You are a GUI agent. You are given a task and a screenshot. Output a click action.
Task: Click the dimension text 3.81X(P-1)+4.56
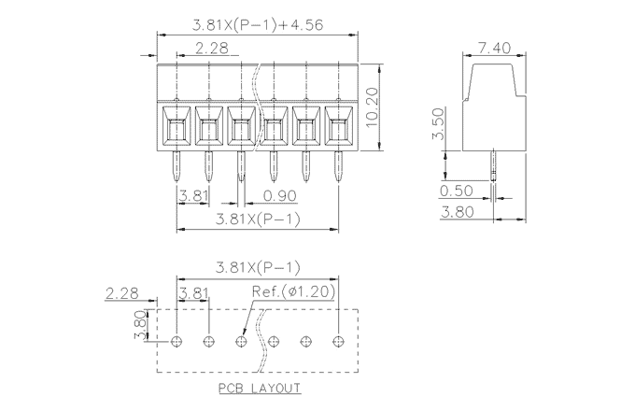[258, 25]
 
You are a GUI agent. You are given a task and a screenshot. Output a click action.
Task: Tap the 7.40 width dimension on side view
[493, 48]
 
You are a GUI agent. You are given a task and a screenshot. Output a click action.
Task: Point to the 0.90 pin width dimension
[280, 196]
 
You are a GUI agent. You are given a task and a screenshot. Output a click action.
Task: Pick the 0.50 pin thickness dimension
[457, 191]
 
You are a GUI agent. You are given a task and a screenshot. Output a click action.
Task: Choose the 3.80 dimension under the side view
[457, 212]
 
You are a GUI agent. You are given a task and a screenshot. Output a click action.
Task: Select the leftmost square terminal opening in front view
[176, 126]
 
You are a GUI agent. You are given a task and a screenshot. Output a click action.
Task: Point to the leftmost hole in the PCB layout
[176, 341]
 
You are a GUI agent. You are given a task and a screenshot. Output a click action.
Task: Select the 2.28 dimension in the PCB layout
[122, 292]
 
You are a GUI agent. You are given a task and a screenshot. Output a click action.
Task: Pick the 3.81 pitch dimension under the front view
[193, 196]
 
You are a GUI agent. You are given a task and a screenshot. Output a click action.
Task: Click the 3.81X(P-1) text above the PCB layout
[258, 267]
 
